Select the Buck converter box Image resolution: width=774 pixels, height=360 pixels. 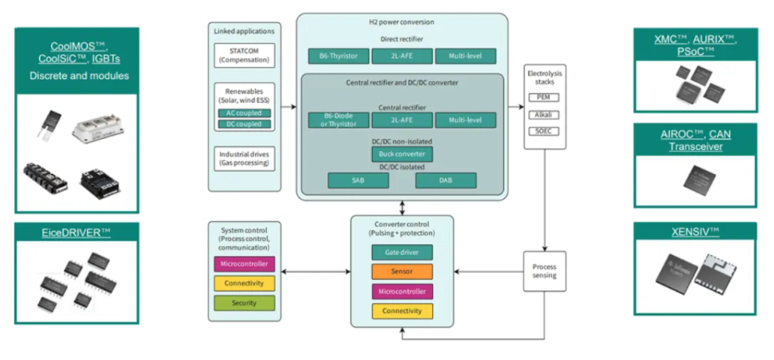tap(401, 154)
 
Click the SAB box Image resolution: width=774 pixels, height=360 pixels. tap(358, 180)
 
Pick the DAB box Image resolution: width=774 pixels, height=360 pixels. tap(446, 180)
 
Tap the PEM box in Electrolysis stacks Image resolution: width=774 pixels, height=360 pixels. tap(544, 97)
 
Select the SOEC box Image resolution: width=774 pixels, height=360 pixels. tap(544, 131)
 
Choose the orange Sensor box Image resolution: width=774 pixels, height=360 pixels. tap(402, 271)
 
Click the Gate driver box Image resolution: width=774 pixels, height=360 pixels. tap(402, 252)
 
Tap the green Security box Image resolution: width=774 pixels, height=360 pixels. tap(244, 302)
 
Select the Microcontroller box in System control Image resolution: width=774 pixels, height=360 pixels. tap(244, 264)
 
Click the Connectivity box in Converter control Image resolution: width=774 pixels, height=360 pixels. tap(402, 310)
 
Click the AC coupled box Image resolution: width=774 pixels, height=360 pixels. tap(244, 112)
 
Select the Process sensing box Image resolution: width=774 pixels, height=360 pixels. tap(544, 271)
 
